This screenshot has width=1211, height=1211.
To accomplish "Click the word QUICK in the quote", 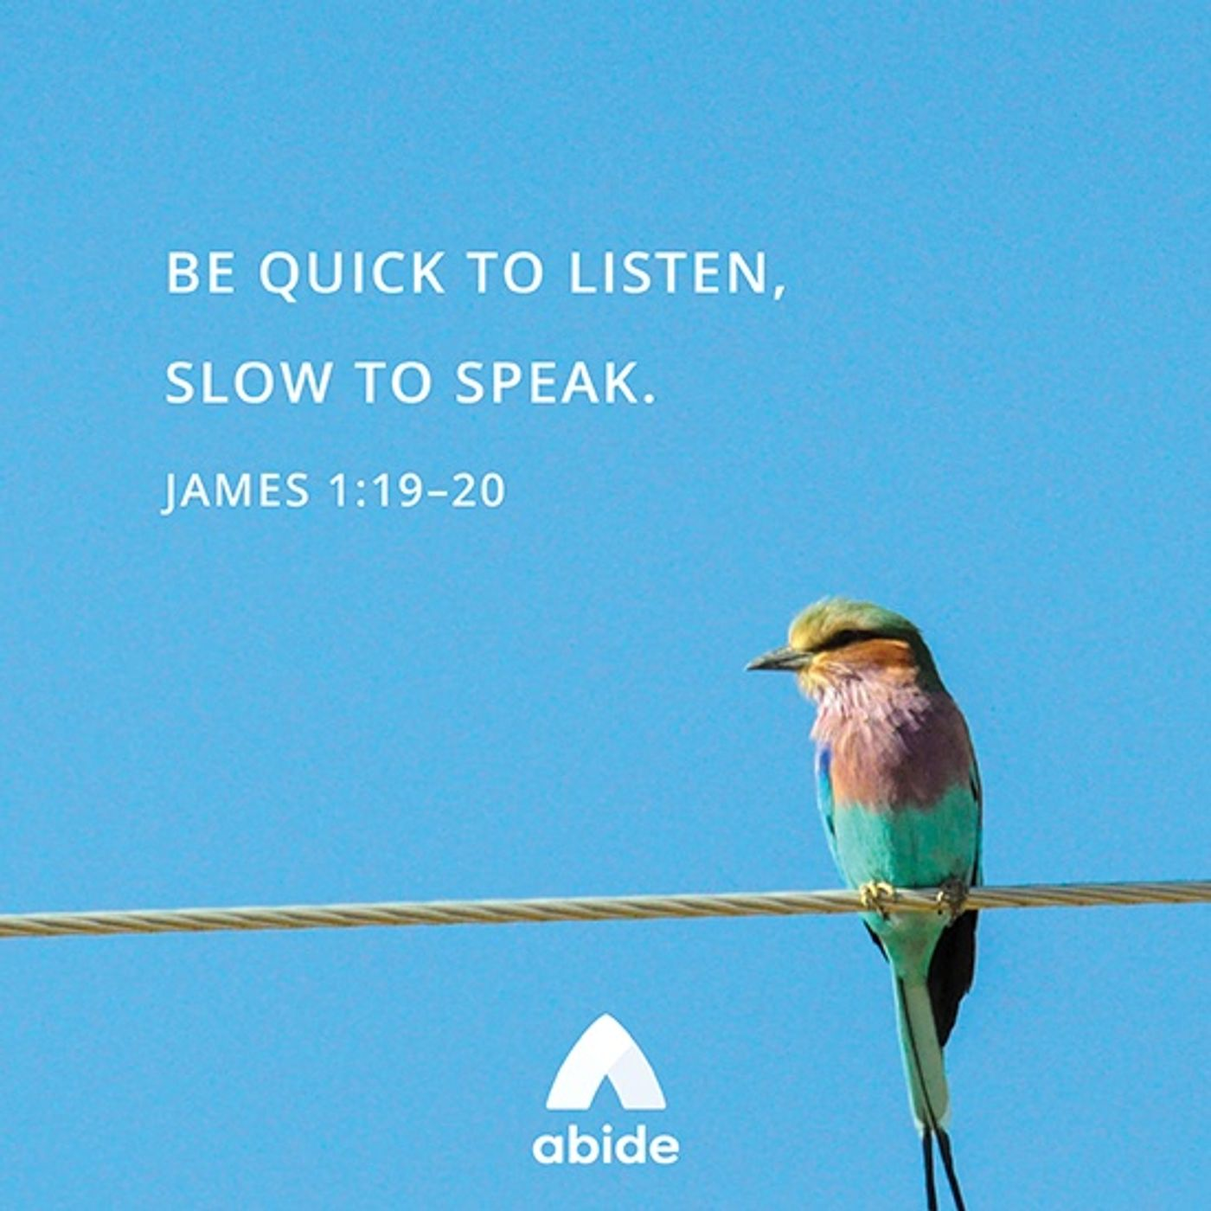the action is (x=350, y=274).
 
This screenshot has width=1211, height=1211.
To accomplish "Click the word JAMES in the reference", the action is (x=235, y=490).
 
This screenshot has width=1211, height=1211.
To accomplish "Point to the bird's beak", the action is (x=776, y=659).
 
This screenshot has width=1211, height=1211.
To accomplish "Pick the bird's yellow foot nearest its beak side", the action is (x=876, y=896).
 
